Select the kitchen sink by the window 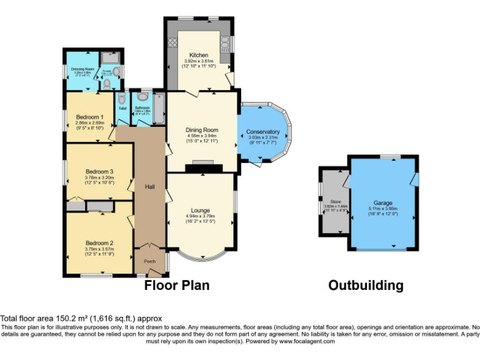[225, 42]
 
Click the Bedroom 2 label [99, 242]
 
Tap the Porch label [150, 261]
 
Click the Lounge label [200, 210]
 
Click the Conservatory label [262, 131]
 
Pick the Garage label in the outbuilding [382, 203]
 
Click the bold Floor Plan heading [177, 286]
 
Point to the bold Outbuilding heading [366, 286]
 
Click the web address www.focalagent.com [307, 341]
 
